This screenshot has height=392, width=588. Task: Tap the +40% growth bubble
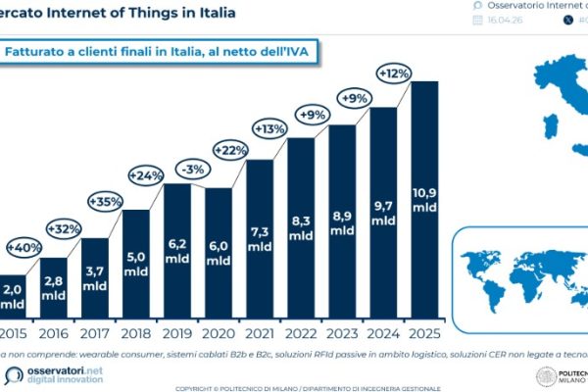[25, 246]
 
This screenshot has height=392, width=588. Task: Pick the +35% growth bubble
[107, 202]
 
